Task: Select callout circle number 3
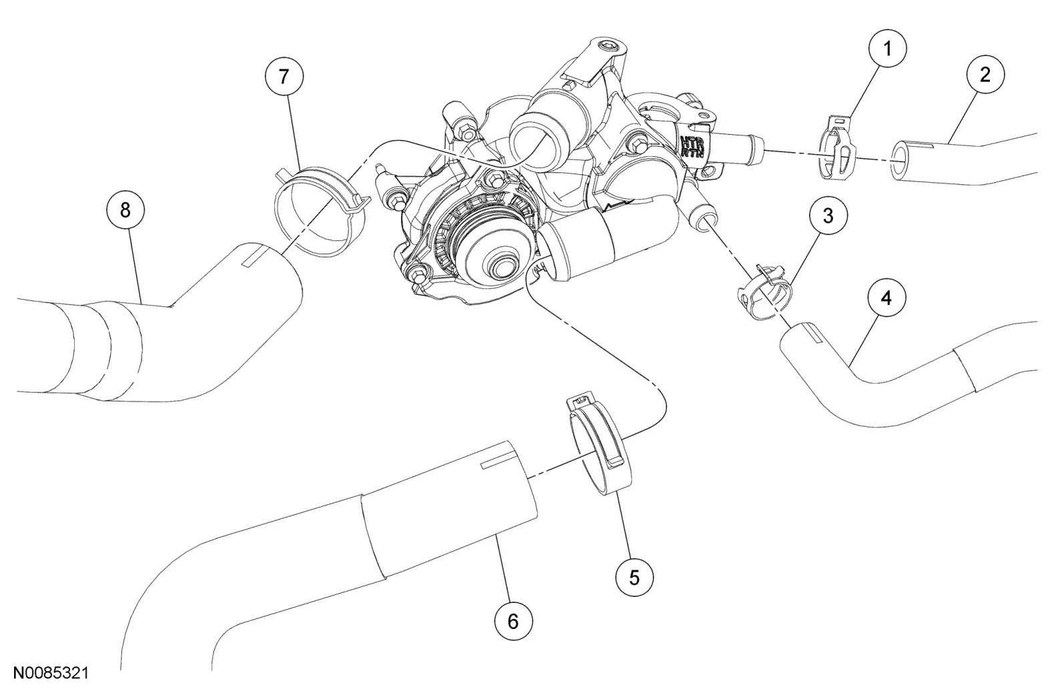tap(826, 217)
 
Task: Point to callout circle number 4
tap(886, 299)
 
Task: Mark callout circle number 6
tap(513, 622)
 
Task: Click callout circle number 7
tap(284, 77)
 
